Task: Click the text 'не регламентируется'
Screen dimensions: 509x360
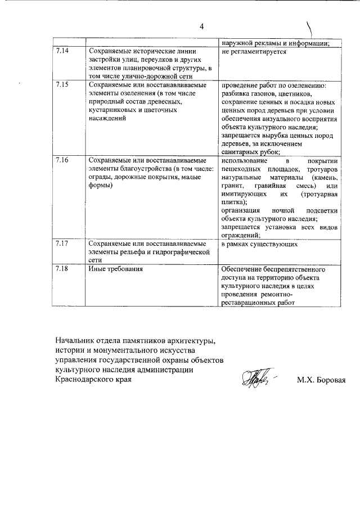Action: pyautogui.click(x=254, y=52)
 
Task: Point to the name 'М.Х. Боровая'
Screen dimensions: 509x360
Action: pyautogui.click(x=321, y=380)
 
